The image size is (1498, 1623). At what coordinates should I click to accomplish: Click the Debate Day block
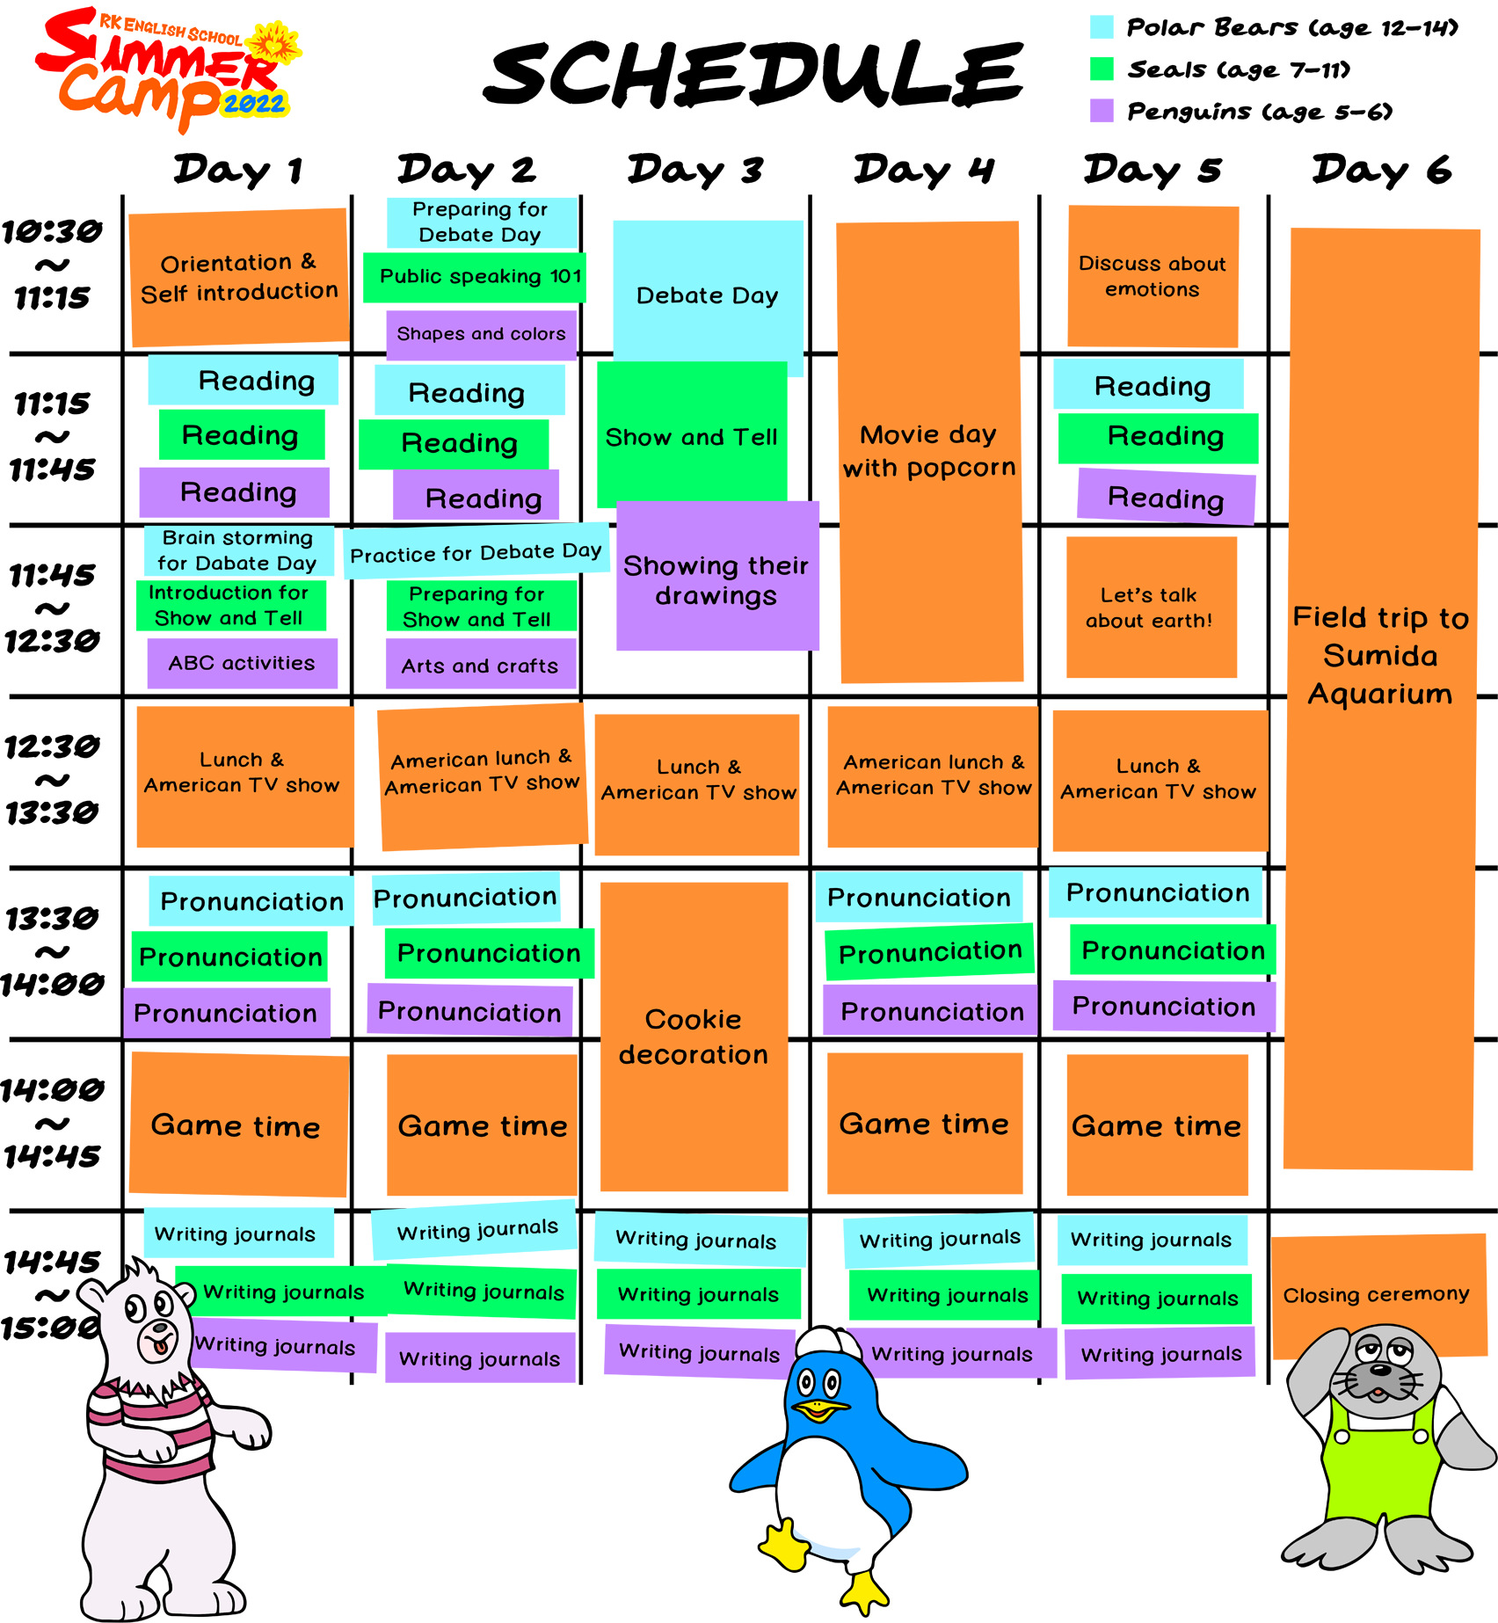[706, 295]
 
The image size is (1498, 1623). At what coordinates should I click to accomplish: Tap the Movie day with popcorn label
[928, 451]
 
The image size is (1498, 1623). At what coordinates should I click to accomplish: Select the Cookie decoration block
[693, 1037]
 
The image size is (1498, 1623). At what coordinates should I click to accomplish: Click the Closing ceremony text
[1376, 1294]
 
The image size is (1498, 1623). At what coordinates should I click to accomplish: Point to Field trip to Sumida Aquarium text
[1380, 655]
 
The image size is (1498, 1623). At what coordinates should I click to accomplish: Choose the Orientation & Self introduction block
[238, 277]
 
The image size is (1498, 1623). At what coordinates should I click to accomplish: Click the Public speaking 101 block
[480, 276]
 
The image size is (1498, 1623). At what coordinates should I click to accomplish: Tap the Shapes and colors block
[481, 334]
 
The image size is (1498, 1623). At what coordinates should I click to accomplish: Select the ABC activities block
[241, 663]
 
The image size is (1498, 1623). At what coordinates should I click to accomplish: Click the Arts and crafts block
[479, 666]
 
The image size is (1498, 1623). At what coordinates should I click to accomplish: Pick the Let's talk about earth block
[1149, 608]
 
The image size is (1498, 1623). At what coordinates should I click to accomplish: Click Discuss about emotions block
[1152, 276]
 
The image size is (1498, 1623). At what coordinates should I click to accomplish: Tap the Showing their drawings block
[715, 580]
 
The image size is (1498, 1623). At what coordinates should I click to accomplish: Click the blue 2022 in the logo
[254, 104]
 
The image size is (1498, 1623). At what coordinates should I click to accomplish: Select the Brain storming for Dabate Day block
[236, 549]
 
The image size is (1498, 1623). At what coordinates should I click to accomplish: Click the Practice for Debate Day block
[476, 553]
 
